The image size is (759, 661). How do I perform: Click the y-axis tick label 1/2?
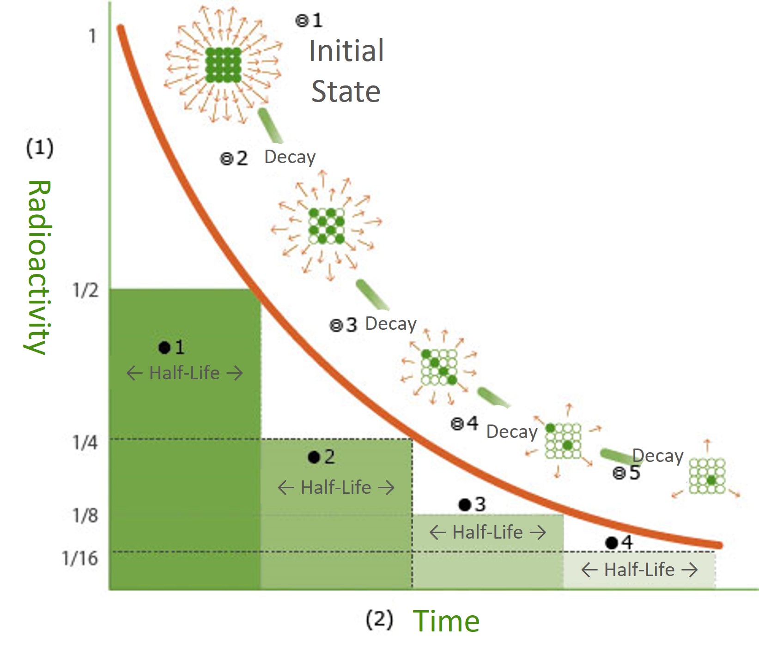(x=85, y=290)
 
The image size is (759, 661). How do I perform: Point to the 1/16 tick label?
(x=80, y=558)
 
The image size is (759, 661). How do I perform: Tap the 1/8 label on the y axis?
(x=85, y=515)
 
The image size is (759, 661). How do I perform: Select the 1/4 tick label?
(x=85, y=443)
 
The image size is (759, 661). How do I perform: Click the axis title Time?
(x=446, y=621)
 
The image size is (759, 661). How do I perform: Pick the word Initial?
(x=346, y=50)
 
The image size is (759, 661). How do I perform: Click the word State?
(x=346, y=91)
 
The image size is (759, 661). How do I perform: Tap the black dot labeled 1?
(x=164, y=347)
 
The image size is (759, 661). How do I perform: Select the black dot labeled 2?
(x=314, y=457)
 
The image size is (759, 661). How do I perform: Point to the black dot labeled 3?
(x=465, y=505)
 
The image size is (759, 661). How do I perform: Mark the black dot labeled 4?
(x=612, y=543)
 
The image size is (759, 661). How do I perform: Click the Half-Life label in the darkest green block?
(x=184, y=373)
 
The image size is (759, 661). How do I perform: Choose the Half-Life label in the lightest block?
(x=639, y=570)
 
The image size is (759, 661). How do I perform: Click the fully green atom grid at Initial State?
(x=223, y=65)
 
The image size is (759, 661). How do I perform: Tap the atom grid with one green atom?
(x=707, y=476)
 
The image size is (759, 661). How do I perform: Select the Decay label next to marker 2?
(x=290, y=157)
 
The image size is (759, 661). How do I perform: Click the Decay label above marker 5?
(x=657, y=455)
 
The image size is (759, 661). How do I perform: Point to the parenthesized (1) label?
(x=40, y=148)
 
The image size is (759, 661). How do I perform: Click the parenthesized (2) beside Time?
(x=379, y=619)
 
